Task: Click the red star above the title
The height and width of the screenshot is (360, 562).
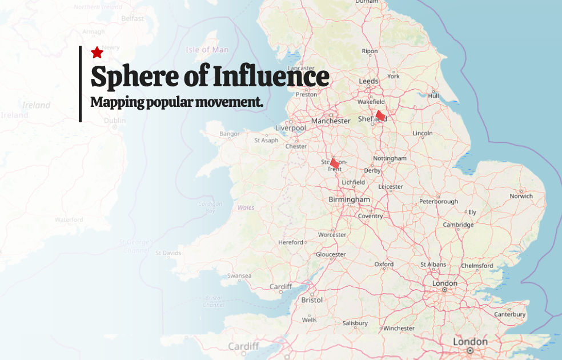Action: pyautogui.click(x=97, y=53)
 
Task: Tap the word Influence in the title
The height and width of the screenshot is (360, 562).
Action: pyautogui.click(x=270, y=76)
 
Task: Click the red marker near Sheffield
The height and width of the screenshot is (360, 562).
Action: pyautogui.click(x=380, y=115)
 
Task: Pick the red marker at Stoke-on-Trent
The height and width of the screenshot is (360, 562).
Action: pyautogui.click(x=335, y=163)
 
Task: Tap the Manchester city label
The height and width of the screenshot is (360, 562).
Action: pyautogui.click(x=331, y=121)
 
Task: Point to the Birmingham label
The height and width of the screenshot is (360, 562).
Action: pyautogui.click(x=349, y=199)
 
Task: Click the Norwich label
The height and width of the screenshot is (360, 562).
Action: pyautogui.click(x=521, y=196)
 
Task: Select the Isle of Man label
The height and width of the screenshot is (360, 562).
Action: pyautogui.click(x=207, y=50)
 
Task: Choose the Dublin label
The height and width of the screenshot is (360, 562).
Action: pyautogui.click(x=115, y=121)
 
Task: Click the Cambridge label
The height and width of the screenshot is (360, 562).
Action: pyautogui.click(x=458, y=225)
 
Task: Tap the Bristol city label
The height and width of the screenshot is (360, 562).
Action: pyautogui.click(x=312, y=299)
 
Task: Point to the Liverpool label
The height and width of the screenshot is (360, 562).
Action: pyautogui.click(x=290, y=128)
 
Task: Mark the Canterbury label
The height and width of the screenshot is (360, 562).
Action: pyautogui.click(x=509, y=314)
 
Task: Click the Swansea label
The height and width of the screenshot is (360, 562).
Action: pyautogui.click(x=239, y=275)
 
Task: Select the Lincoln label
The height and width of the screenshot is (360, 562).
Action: pyautogui.click(x=423, y=133)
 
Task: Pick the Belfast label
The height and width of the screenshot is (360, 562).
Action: pyautogui.click(x=133, y=18)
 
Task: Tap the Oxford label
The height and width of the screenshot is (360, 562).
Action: pyautogui.click(x=384, y=264)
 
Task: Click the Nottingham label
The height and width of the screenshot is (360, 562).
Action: pyautogui.click(x=390, y=158)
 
